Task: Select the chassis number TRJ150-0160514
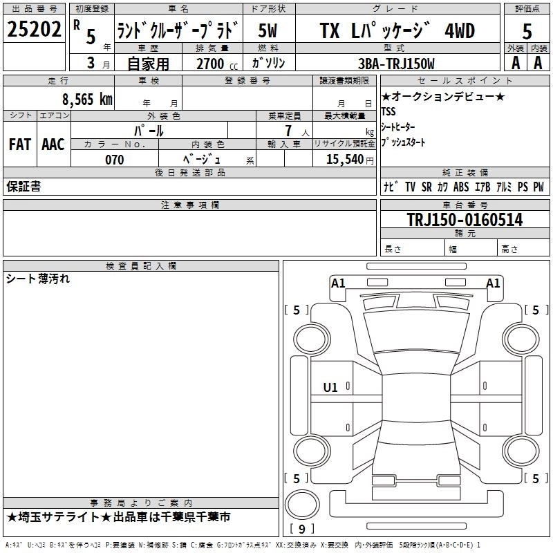tap(465, 220)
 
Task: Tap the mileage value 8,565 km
tap(86, 99)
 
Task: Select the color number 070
tap(114, 160)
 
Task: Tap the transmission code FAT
tap(20, 144)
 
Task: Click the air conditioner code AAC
tap(53, 144)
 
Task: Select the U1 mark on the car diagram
tap(330, 388)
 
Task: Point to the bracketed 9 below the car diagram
tap(301, 529)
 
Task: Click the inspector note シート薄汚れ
tap(38, 279)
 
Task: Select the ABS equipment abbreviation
tap(461, 187)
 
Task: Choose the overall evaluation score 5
tap(527, 30)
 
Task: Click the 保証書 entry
tap(24, 187)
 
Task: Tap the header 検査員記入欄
tap(141, 265)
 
